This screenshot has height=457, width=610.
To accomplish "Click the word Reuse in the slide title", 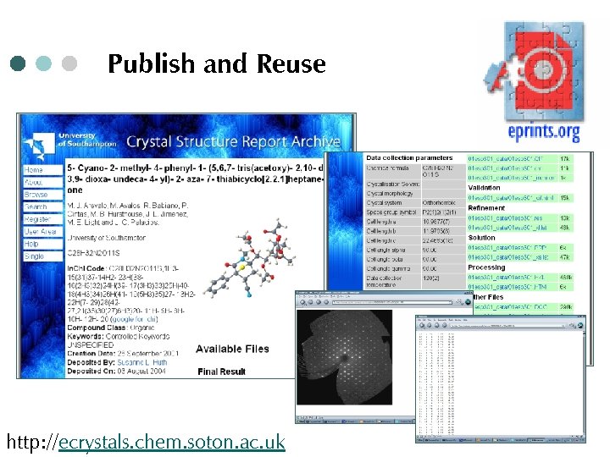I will pyautogui.click(x=291, y=64).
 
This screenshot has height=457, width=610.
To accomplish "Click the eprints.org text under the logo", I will pyautogui.click(x=544, y=132).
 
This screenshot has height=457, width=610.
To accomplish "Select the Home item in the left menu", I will pyautogui.click(x=34, y=170).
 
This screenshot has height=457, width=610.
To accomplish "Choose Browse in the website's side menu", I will pyautogui.click(x=36, y=195).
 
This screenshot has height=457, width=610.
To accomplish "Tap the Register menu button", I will pyautogui.click(x=39, y=218).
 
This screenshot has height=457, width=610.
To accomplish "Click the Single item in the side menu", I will pyautogui.click(x=34, y=256).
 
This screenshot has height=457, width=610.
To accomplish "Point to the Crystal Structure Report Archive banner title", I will pyautogui.click(x=233, y=142).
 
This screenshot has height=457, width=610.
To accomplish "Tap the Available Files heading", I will pyautogui.click(x=231, y=349).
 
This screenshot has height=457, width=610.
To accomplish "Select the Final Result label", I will pyautogui.click(x=221, y=372).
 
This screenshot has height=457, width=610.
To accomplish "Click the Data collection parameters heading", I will pyautogui.click(x=409, y=158).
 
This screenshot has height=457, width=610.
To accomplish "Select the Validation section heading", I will pyautogui.click(x=485, y=189).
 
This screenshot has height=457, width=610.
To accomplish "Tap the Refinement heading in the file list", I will pyautogui.click(x=486, y=208).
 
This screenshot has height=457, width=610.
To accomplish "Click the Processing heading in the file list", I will pyautogui.click(x=486, y=267).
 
